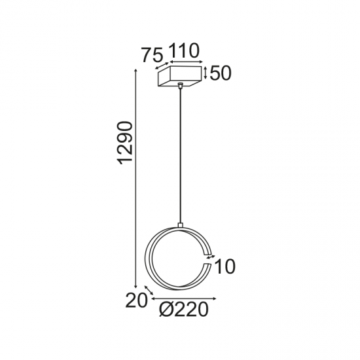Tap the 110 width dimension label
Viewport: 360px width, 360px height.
tap(184, 51)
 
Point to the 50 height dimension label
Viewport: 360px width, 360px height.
tap(221, 73)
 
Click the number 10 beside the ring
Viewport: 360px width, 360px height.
tap(224, 266)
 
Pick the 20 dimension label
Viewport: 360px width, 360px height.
tap(135, 300)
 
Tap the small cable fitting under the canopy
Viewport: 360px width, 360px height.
tap(180, 87)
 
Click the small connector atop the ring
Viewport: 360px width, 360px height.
tap(179, 226)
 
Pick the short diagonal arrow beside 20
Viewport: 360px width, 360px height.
tap(148, 290)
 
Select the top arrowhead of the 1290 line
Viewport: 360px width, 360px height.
tap(136, 69)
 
